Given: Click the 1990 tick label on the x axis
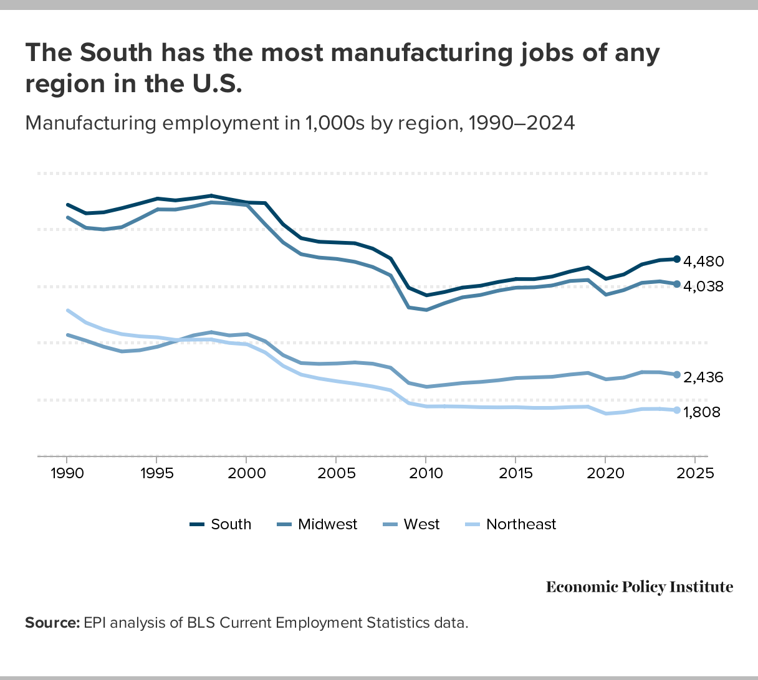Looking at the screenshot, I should [x=67, y=473].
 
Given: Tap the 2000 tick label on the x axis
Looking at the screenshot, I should [x=246, y=473].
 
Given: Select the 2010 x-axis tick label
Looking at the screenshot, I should [x=426, y=473].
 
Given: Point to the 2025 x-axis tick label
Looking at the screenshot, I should [x=695, y=473].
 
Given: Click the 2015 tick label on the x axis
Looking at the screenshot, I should [x=516, y=473].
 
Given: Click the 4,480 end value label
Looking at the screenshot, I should [x=703, y=262].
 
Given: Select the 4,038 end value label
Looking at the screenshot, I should [x=703, y=286].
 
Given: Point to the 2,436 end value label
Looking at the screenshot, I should [x=703, y=377].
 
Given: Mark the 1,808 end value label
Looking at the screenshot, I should [x=702, y=412].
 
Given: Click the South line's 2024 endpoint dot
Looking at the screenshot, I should [x=677, y=259].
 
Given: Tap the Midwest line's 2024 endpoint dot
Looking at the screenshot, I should [x=677, y=284].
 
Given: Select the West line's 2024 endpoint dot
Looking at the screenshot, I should [x=677, y=375].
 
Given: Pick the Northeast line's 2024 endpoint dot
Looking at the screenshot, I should [x=677, y=410].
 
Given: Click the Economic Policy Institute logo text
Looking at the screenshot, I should [x=640, y=587].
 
